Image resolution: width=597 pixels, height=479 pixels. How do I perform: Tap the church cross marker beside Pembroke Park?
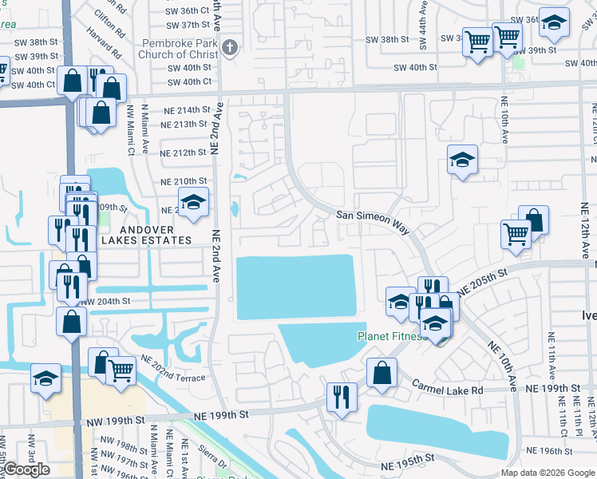pos(230,47)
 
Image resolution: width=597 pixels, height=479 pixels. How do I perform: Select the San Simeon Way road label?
pos(373,221)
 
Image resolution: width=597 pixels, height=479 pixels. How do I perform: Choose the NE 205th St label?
pos(484,283)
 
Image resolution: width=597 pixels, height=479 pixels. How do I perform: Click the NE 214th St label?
pos(184,110)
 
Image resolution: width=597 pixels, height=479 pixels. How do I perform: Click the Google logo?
pos(26,469)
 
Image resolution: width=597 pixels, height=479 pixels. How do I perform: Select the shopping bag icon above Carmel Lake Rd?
pos(382,372)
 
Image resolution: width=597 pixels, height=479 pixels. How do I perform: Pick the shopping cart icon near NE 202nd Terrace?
pos(120,370)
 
